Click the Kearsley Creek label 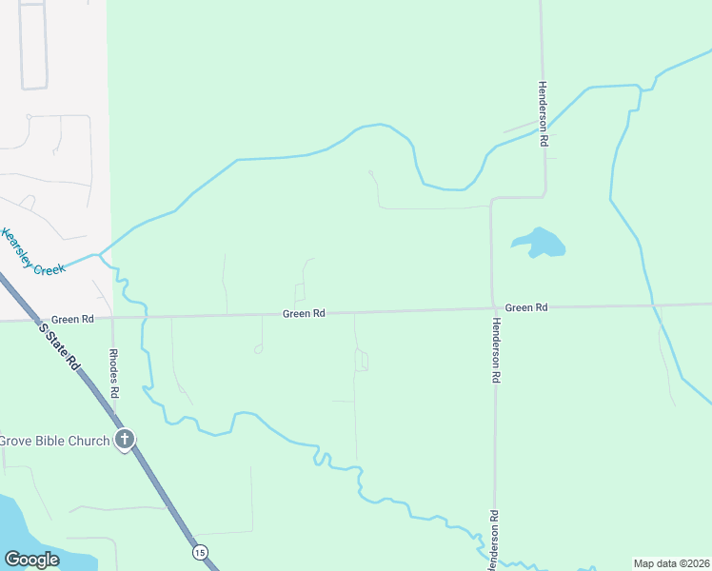(34, 252)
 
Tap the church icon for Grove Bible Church (124, 440)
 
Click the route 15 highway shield (199, 552)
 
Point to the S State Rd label (59, 345)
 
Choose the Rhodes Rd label (113, 373)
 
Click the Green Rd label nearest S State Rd (72, 320)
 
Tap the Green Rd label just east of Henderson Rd (526, 307)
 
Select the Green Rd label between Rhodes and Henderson (305, 313)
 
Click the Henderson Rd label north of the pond (544, 112)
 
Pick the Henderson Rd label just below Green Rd (495, 349)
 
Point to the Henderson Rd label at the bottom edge (494, 541)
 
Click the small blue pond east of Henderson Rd (541, 244)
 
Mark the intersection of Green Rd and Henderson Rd (493, 308)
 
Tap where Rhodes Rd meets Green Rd (112, 319)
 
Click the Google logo (31, 559)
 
